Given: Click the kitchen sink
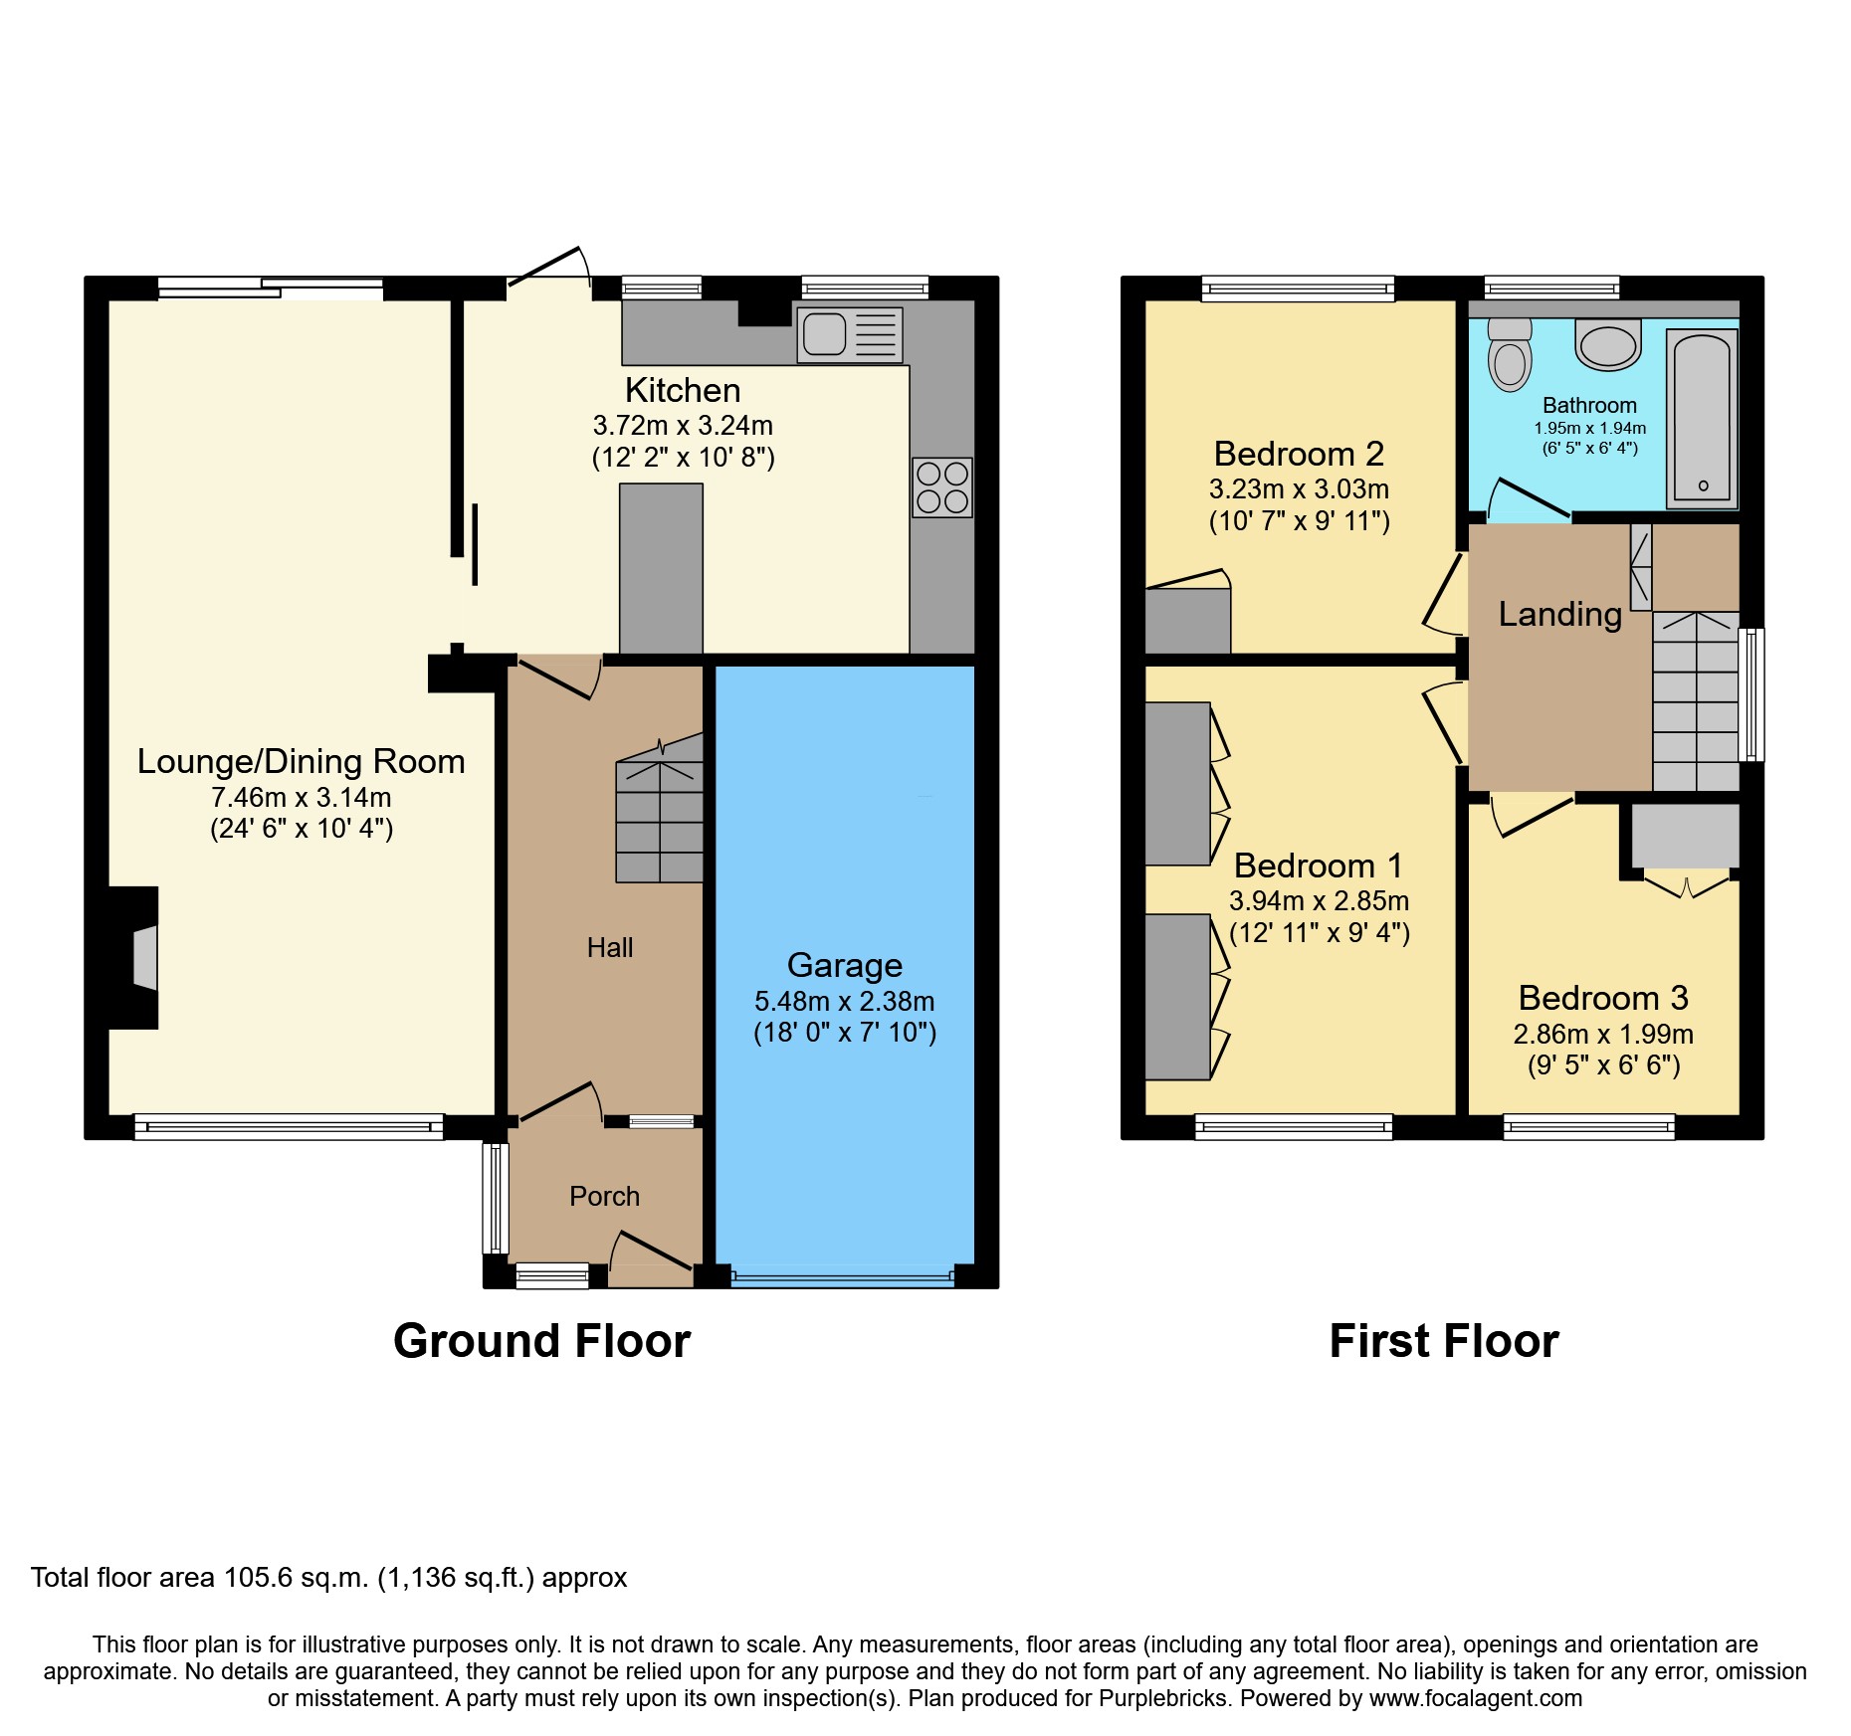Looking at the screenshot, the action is (850, 334).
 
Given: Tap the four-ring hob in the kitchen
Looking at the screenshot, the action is (942, 487).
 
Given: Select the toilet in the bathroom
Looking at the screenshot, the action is (1510, 354).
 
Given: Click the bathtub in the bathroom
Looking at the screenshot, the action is (1702, 419).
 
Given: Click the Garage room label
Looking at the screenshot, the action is (845, 965).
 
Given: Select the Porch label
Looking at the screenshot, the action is (604, 1196).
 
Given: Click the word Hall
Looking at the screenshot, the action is (610, 947).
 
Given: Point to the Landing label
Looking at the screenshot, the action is (1560, 614).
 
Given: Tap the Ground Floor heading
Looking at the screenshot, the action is (541, 1341).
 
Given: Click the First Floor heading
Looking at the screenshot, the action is (1444, 1341).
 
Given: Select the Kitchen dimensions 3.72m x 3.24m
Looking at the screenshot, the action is (683, 426).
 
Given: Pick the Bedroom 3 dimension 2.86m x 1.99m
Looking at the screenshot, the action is (1603, 1035).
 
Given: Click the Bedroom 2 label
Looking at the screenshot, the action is (1299, 454).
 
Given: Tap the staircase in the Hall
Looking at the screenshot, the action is (660, 808).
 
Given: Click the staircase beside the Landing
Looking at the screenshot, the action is (1696, 701).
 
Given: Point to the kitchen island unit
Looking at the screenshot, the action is (662, 568).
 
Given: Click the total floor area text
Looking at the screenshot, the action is (329, 1578).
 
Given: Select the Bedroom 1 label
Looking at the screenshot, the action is (1319, 866).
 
